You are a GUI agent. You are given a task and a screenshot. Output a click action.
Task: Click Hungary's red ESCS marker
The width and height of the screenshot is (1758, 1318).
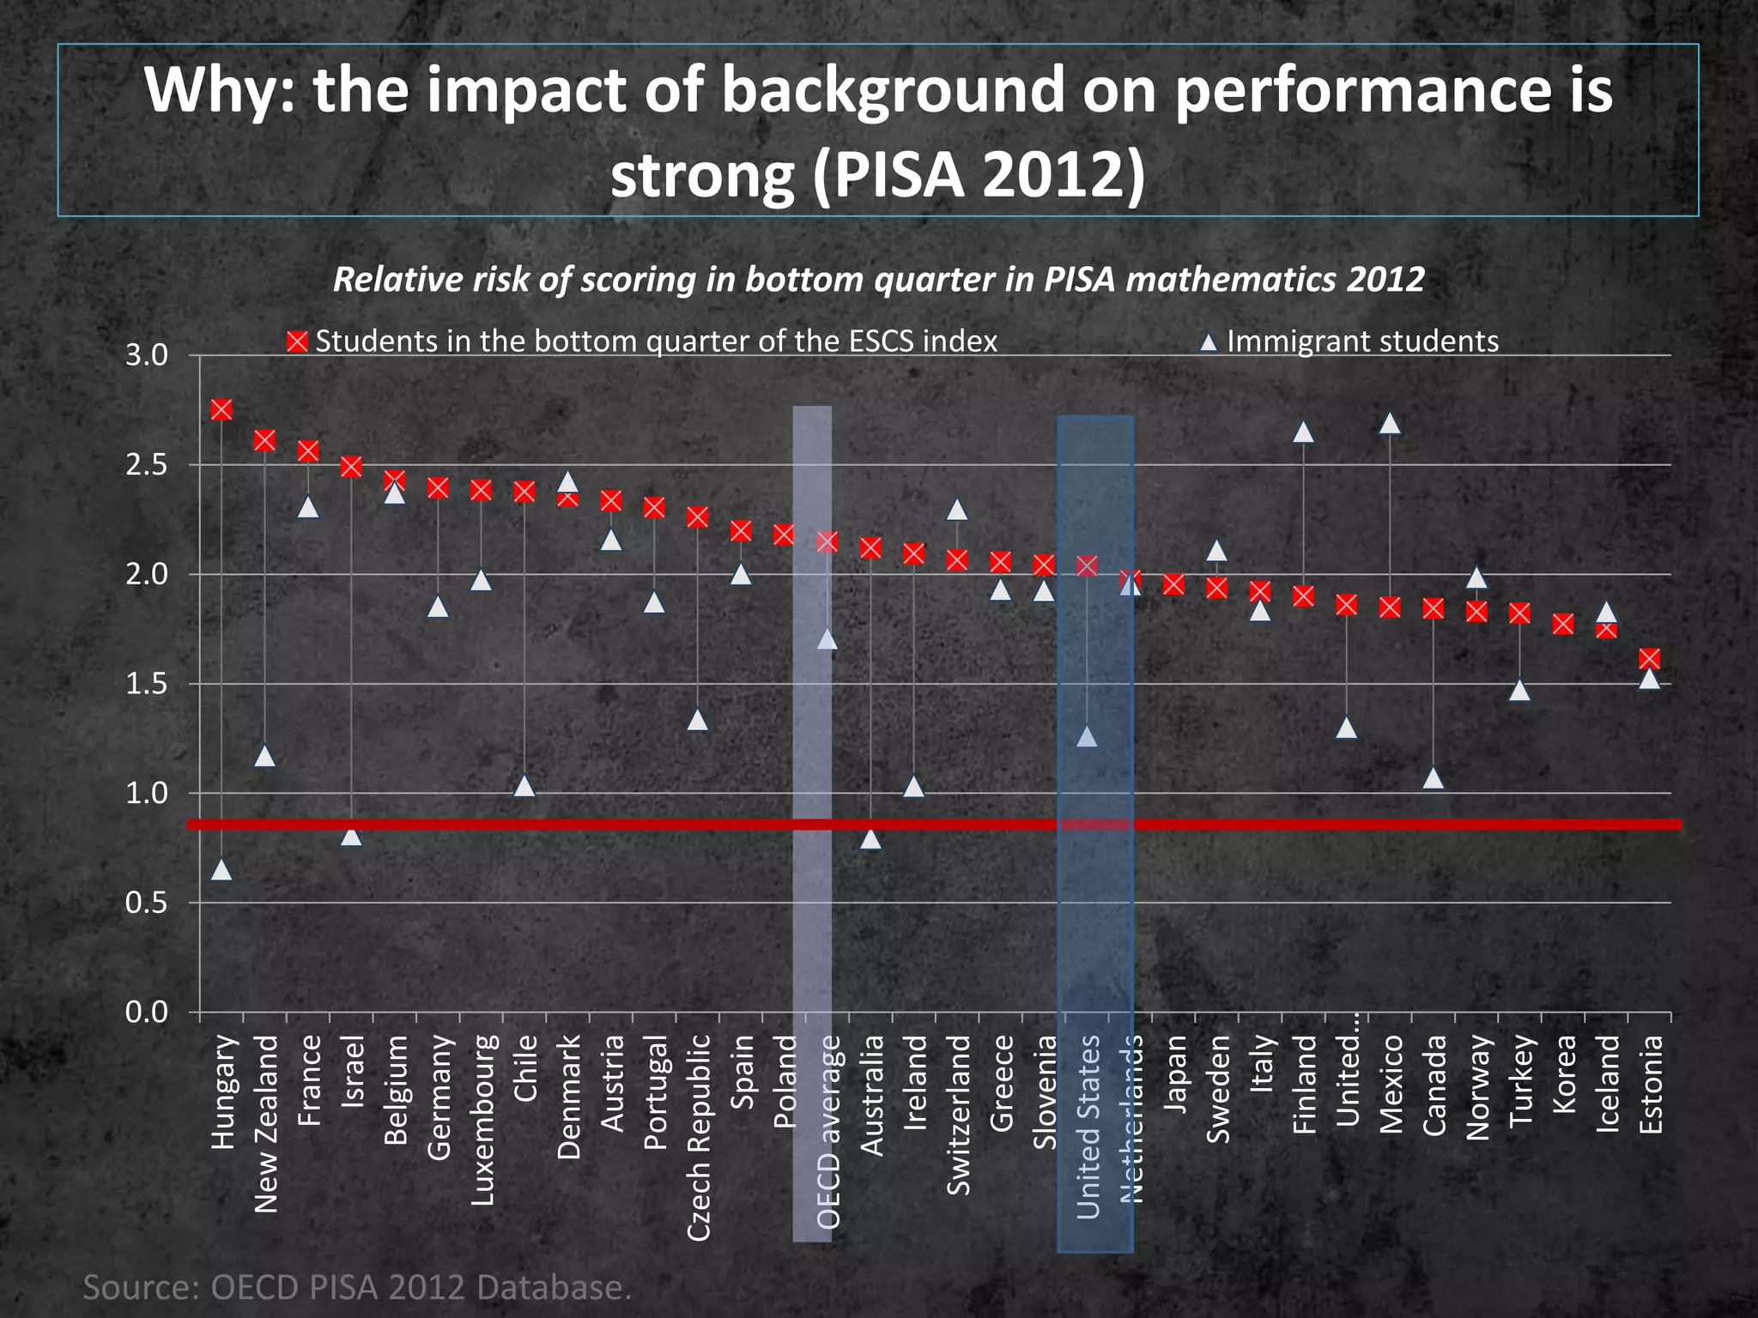(221, 409)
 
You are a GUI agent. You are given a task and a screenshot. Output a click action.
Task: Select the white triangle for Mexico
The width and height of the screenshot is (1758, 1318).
(1390, 424)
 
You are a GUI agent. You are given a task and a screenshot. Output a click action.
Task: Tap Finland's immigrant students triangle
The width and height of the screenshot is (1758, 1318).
(1303, 432)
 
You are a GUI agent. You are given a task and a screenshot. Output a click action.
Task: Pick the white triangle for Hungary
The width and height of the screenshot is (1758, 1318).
(221, 870)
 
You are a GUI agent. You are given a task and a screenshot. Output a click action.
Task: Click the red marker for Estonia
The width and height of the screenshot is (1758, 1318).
(1649, 658)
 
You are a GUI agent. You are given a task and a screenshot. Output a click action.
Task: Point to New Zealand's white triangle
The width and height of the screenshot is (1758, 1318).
(264, 756)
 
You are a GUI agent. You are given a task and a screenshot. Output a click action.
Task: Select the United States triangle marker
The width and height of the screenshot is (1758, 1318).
(1087, 737)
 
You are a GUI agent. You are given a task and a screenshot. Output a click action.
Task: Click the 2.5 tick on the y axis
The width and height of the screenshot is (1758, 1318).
(147, 465)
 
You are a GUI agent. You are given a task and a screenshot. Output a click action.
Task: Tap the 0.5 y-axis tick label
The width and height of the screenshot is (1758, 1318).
(147, 903)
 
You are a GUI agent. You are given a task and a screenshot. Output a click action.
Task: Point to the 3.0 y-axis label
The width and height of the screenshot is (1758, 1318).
(147, 355)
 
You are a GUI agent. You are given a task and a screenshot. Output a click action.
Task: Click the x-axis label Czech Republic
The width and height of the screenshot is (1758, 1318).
(699, 1136)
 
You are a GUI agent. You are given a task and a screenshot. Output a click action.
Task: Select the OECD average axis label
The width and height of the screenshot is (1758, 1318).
(828, 1133)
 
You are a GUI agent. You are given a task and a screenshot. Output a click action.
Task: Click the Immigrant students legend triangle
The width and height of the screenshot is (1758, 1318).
(1209, 342)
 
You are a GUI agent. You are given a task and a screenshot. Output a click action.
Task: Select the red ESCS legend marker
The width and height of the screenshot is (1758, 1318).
(297, 342)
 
